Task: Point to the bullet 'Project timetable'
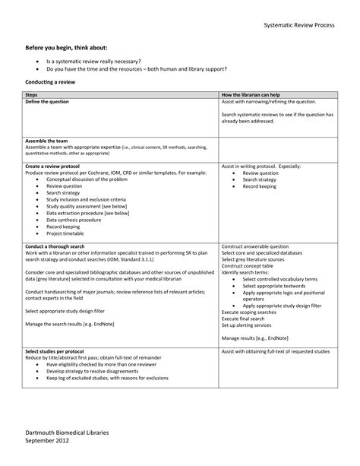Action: click(68, 233)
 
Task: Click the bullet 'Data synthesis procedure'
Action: click(77, 220)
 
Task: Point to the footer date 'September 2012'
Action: click(48, 442)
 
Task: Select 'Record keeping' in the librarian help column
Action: click(261, 186)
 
